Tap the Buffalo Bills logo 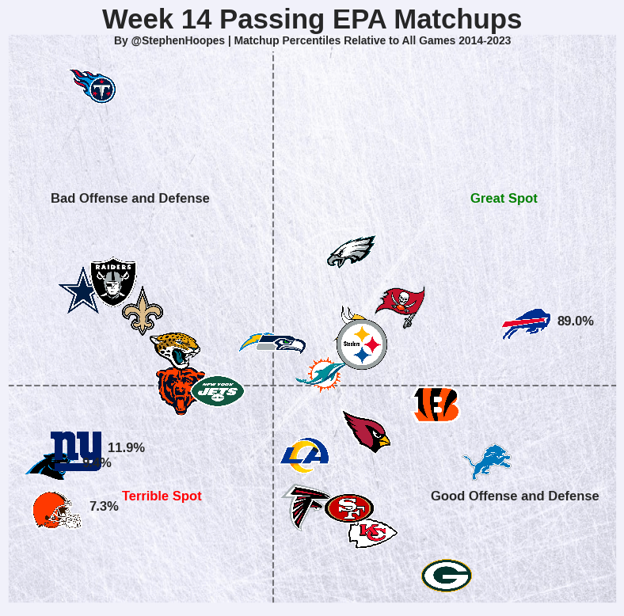(527, 323)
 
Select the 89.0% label (576, 321)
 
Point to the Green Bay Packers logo (447, 576)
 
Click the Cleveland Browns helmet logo (55, 511)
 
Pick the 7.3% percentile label (104, 507)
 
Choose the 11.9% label (126, 448)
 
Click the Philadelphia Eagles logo (351, 251)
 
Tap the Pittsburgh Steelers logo (362, 344)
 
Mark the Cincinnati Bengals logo (436, 405)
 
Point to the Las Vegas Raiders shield (113, 280)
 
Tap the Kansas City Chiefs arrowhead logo (372, 534)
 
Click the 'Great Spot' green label (504, 199)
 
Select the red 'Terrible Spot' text (162, 496)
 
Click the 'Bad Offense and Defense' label (130, 199)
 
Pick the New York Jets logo (217, 390)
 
